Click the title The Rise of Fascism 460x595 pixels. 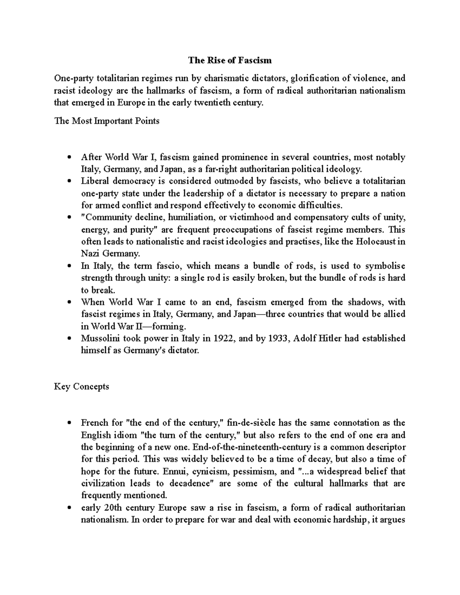[x=230, y=60]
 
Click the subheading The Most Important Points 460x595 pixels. [x=107, y=121]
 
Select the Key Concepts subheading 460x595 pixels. [x=81, y=386]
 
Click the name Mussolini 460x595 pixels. [x=99, y=338]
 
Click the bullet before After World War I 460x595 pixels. [x=69, y=157]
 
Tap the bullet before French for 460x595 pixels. [x=69, y=423]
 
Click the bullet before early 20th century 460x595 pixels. [x=69, y=508]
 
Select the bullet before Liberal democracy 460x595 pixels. [x=69, y=181]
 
